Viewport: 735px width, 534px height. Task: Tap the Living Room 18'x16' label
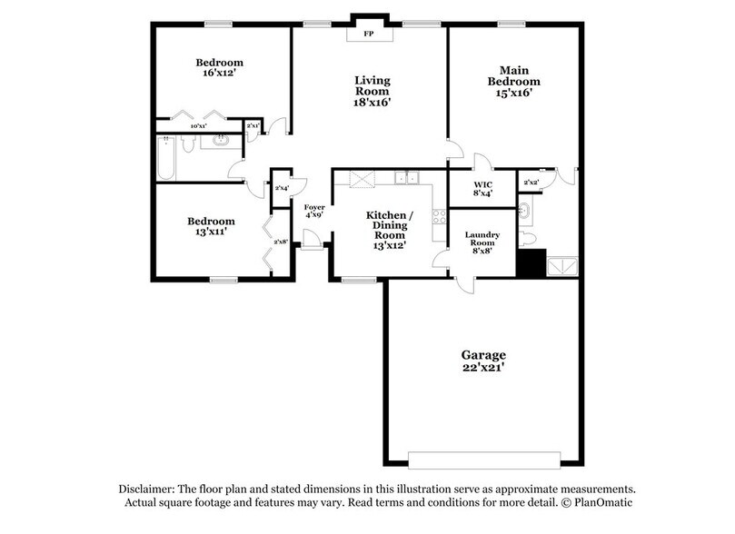(372, 91)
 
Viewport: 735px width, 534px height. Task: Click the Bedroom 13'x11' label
(211, 226)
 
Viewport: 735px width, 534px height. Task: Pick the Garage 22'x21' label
(482, 361)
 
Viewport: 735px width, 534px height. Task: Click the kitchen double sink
(406, 178)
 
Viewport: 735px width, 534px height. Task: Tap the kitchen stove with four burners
(439, 217)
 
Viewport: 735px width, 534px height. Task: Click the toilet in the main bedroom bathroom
(529, 238)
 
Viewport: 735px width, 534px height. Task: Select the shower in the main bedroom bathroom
(561, 264)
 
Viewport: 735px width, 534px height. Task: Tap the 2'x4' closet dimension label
(281, 188)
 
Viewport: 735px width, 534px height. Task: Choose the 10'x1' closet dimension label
(198, 125)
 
